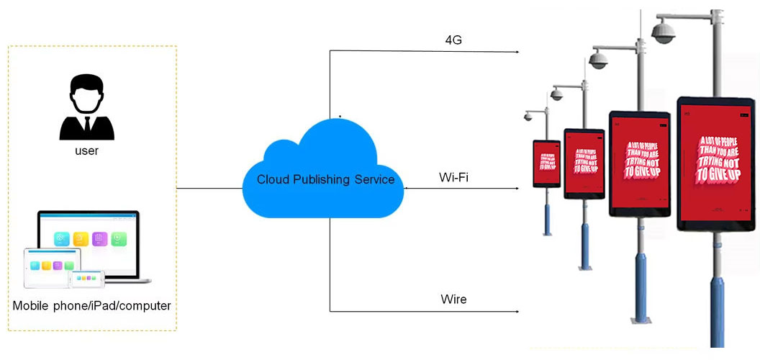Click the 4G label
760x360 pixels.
tap(453, 40)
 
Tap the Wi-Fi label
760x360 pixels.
tap(453, 177)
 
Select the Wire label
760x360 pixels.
tap(453, 299)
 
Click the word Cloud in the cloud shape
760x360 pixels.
tap(273, 179)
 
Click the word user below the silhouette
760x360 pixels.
tap(86, 151)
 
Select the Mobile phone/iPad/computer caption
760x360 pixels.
tap(91, 306)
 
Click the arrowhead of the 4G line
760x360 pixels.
tap(517, 53)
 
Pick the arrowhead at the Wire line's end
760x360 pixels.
tap(517, 312)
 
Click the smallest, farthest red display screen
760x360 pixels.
tap(546, 163)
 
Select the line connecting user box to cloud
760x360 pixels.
tap(209, 189)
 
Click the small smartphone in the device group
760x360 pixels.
tap(86, 277)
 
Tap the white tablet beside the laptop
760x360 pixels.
tap(47, 266)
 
